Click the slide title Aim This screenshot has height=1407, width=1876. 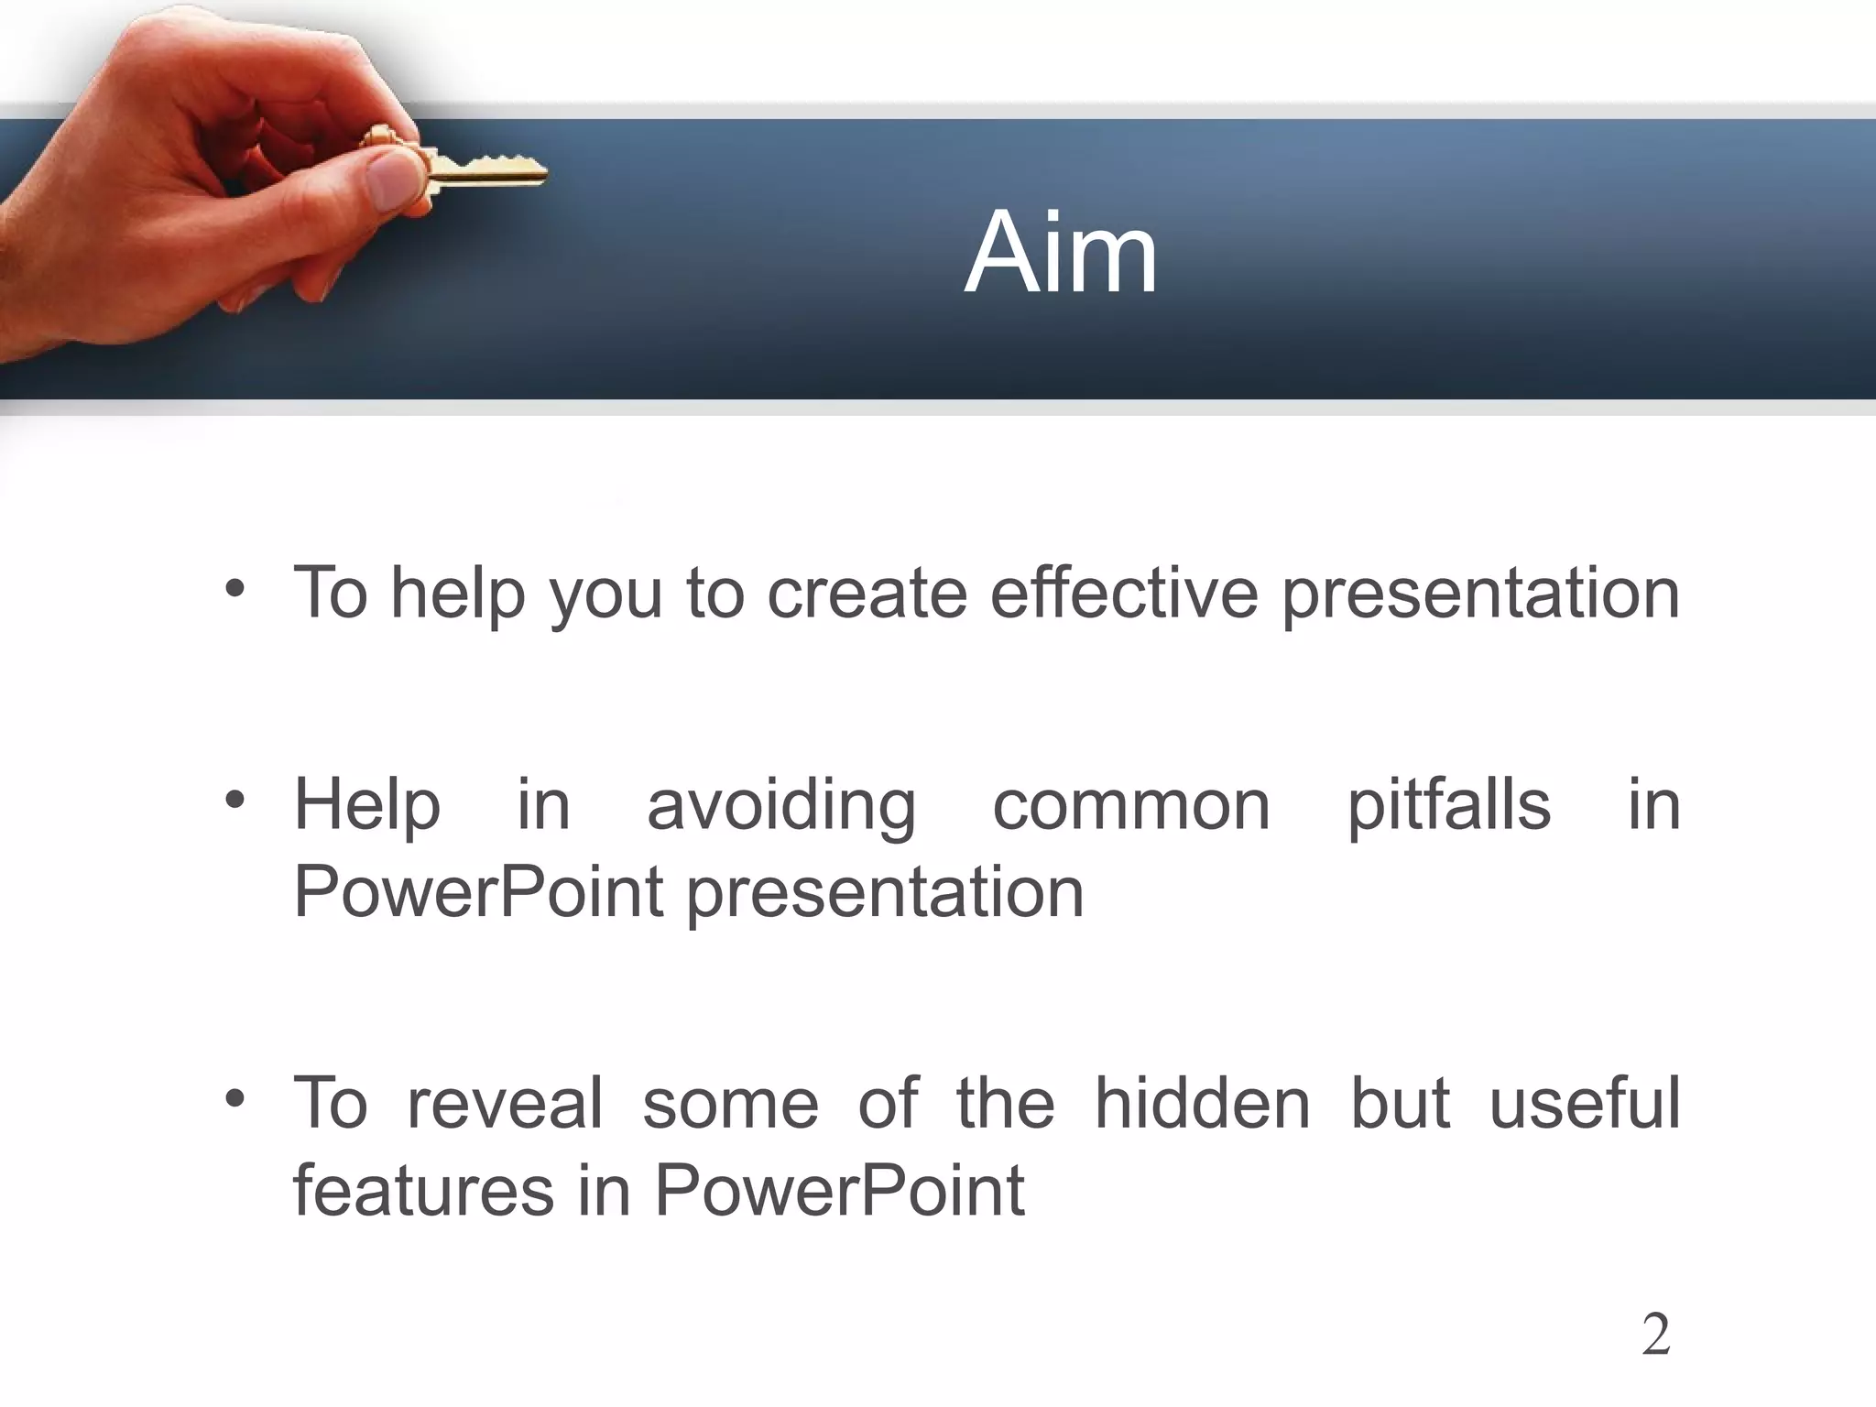[x=1061, y=254]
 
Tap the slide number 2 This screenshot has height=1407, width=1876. [x=1655, y=1335]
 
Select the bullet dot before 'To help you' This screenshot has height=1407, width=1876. [x=235, y=590]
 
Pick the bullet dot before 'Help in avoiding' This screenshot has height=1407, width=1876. [x=235, y=801]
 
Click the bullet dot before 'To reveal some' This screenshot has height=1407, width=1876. [x=235, y=1098]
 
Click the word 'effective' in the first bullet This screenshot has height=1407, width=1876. [x=1124, y=593]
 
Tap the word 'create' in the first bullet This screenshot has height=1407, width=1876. [x=867, y=593]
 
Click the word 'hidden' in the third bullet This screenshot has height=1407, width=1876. [x=1203, y=1103]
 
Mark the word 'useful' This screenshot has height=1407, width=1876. [x=1585, y=1103]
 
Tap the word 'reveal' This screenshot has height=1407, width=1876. [x=505, y=1103]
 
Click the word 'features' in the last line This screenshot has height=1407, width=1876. [x=423, y=1190]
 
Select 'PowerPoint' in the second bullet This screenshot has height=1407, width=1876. [x=478, y=892]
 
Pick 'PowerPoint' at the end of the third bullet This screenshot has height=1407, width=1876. [x=839, y=1190]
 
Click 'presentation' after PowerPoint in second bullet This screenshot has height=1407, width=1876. [x=885, y=894]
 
